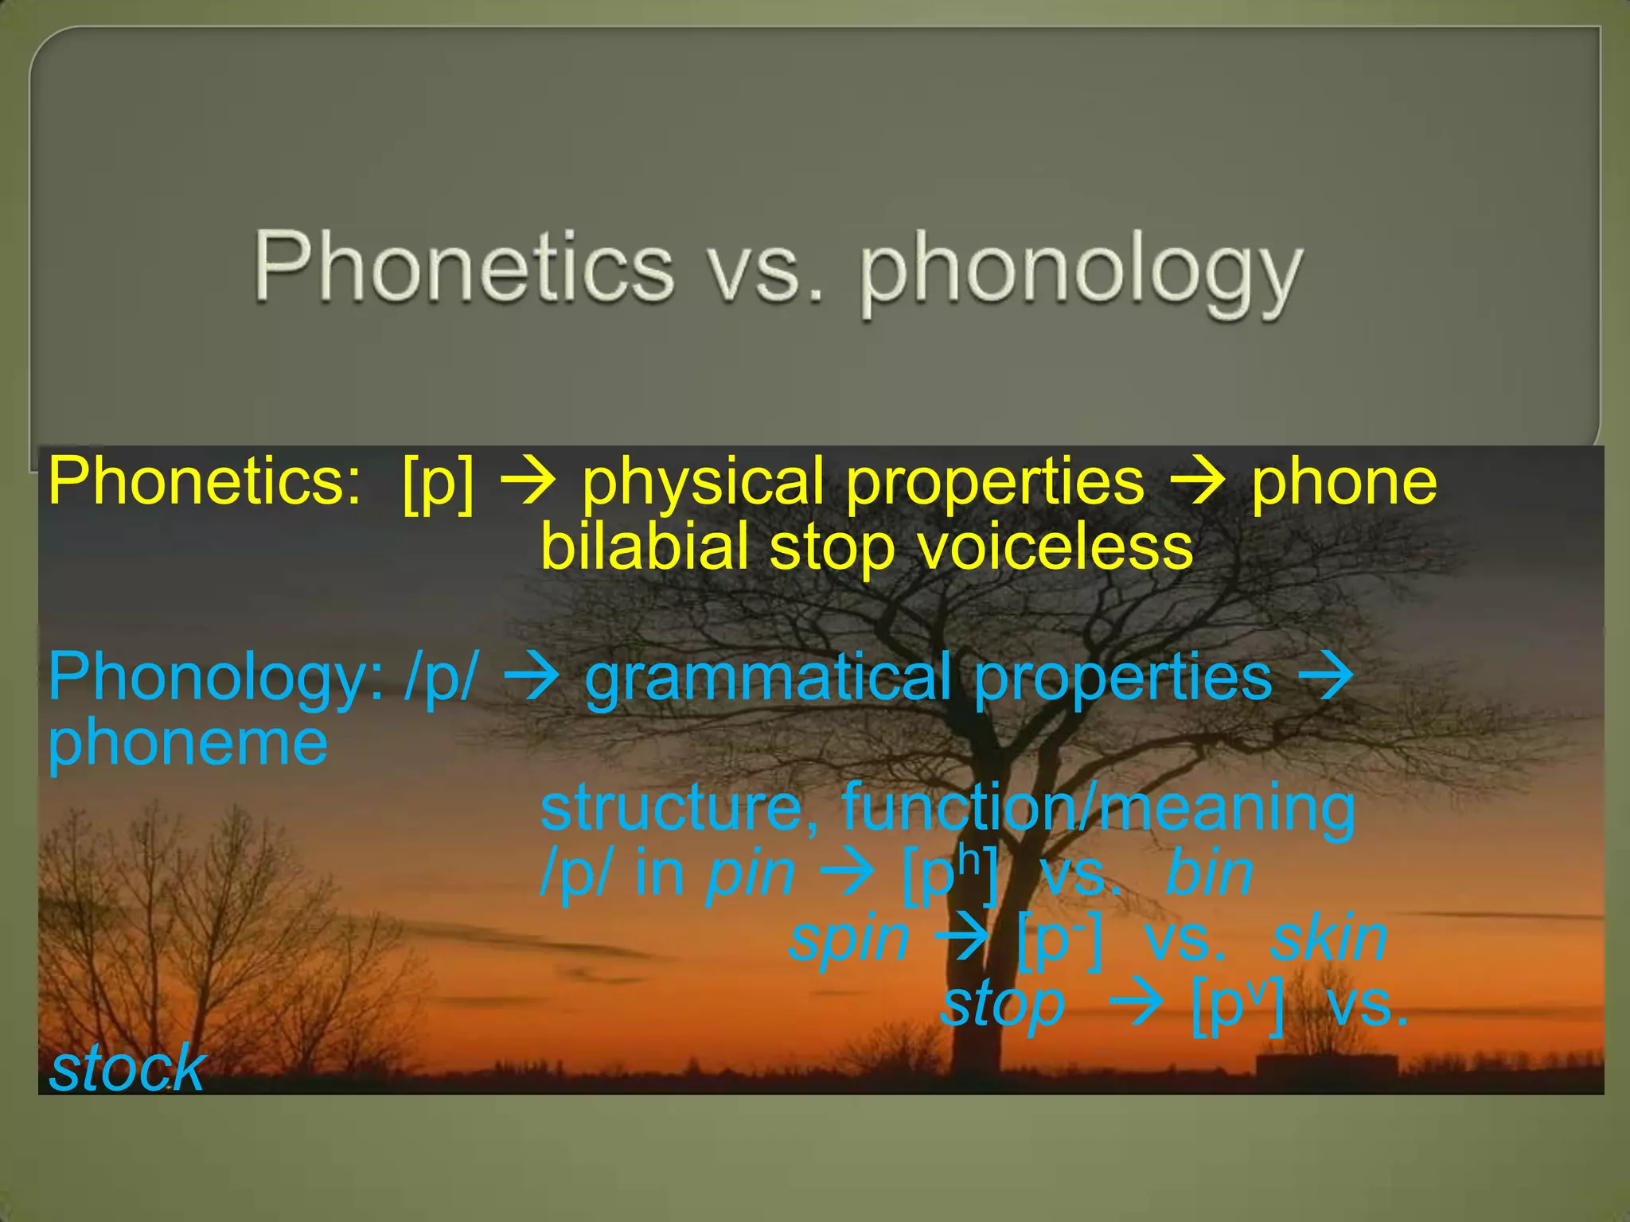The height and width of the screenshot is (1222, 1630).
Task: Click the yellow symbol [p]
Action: (439, 483)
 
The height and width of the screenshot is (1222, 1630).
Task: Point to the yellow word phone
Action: (1344, 483)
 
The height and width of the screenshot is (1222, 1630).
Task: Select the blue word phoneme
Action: (188, 741)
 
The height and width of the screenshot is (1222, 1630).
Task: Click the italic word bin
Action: (1209, 874)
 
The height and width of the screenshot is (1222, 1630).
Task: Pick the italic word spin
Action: (848, 940)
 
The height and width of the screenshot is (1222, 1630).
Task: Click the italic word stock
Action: (127, 1068)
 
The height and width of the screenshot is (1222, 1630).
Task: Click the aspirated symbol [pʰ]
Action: (950, 874)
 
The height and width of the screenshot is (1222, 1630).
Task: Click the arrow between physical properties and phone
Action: (1199, 484)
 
